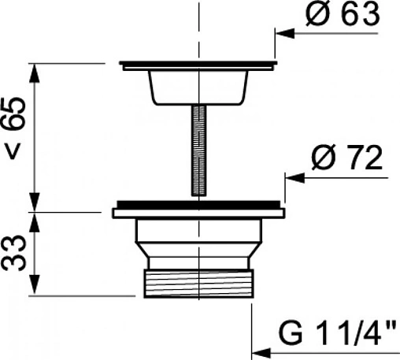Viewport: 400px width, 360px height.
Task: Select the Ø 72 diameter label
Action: tap(347, 158)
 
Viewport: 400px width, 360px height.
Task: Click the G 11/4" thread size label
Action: tap(337, 332)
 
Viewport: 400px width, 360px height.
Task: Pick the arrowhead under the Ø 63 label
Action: tap(284, 34)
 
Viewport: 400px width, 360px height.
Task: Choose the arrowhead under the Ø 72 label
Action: tap(294, 178)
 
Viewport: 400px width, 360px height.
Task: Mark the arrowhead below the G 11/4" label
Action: tap(261, 353)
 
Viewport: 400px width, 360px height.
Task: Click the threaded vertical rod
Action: tap(199, 150)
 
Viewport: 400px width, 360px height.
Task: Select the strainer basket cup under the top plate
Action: tap(198, 87)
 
